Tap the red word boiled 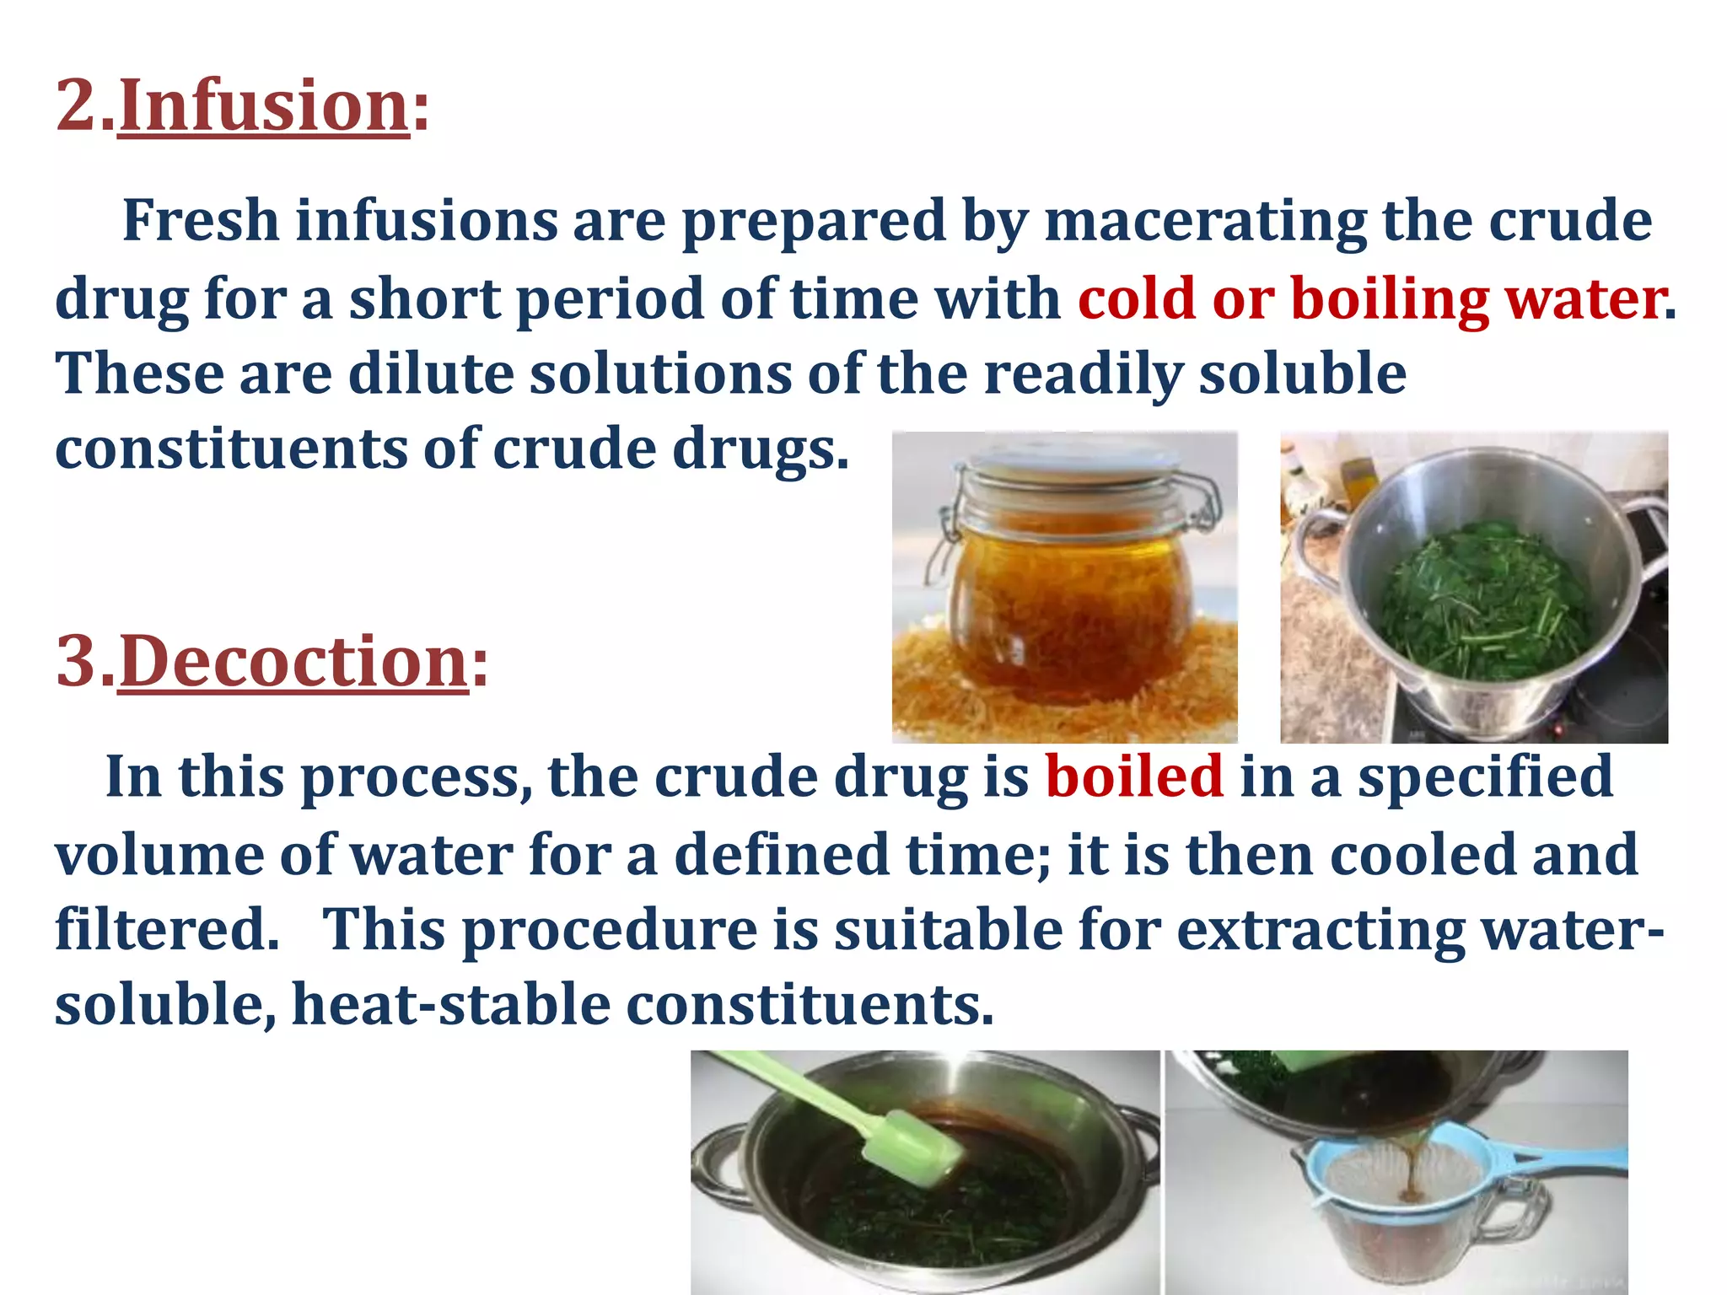[x=1134, y=776]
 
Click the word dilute [x=430, y=373]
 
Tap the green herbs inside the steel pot [x=1484, y=599]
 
